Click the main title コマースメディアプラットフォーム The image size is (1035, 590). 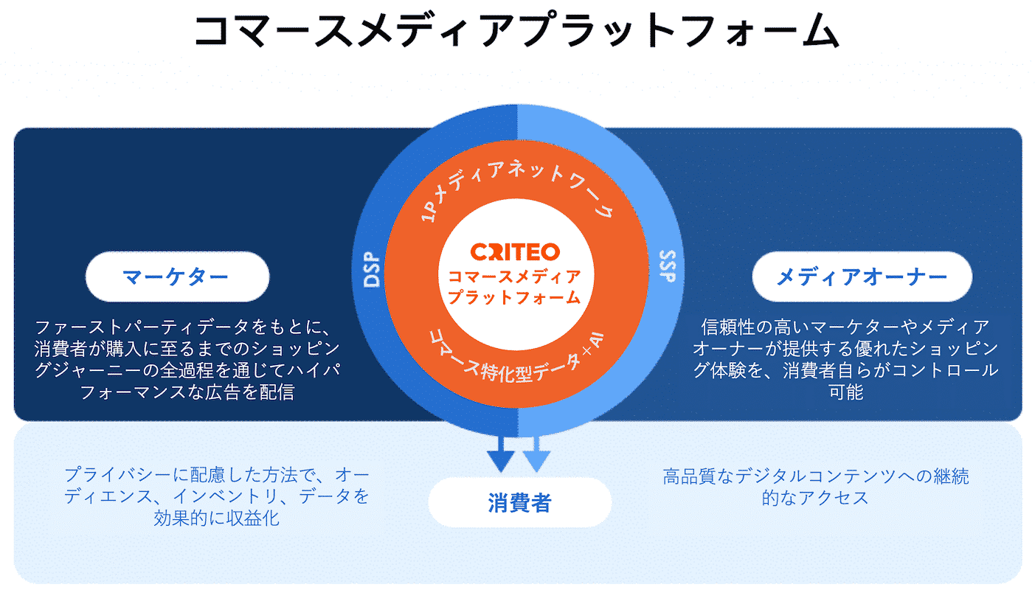point(516,31)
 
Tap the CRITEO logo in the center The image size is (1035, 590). point(516,252)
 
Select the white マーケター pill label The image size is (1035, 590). point(177,277)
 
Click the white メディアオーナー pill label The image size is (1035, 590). point(862,277)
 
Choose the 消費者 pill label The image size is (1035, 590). point(519,503)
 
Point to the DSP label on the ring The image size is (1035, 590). point(370,271)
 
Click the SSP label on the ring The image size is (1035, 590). point(665,267)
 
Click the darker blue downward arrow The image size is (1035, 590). point(501,454)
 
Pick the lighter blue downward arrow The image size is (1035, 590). point(536,454)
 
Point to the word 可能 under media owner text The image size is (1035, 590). point(845,392)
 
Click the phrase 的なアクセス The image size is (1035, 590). point(815,498)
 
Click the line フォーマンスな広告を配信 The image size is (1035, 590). point(187,392)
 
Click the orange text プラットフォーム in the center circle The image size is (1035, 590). point(515,297)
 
